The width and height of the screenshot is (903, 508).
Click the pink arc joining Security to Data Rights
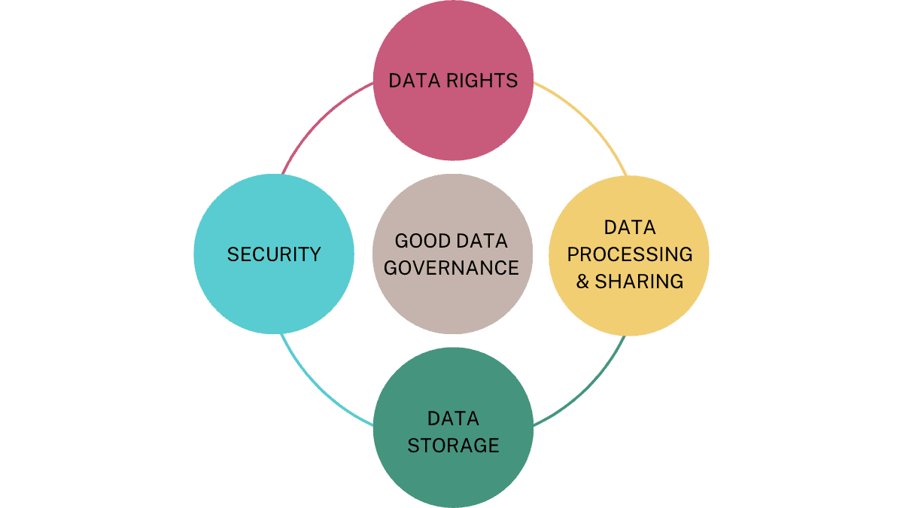(316, 120)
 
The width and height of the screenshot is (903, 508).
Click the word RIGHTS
(485, 81)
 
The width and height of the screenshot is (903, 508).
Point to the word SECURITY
(274, 254)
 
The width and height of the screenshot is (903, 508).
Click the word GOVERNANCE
(451, 268)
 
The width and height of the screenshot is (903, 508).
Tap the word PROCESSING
(630, 254)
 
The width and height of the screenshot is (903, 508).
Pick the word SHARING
(639, 281)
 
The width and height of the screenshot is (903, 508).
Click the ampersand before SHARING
(583, 281)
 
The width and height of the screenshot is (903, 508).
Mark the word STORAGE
(453, 446)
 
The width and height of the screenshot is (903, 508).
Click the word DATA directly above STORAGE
(453, 418)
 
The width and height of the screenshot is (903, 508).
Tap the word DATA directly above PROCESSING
(630, 227)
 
